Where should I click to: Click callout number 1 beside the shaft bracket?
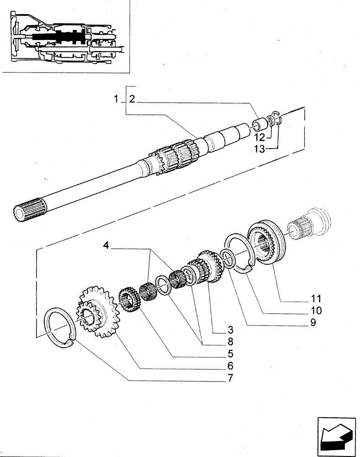pyautogui.click(x=116, y=99)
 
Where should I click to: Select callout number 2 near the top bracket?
pyautogui.click(x=132, y=99)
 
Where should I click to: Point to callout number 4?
pyautogui.click(x=106, y=246)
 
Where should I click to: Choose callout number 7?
pyautogui.click(x=230, y=377)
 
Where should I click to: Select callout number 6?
pyautogui.click(x=230, y=366)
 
